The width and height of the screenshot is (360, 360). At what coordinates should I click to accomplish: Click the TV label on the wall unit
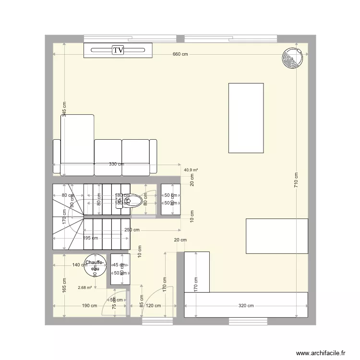(x=118, y=50)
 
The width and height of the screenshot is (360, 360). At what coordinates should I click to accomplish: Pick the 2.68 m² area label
(x=84, y=288)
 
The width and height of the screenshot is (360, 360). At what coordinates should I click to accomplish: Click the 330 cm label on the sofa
(x=116, y=164)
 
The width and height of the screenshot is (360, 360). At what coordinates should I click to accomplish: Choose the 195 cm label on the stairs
(x=90, y=238)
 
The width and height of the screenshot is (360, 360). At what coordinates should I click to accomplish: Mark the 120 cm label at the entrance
(x=154, y=305)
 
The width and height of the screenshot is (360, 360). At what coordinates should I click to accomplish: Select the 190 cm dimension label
(x=89, y=305)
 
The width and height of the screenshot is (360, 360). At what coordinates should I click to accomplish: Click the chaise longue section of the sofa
(x=77, y=144)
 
